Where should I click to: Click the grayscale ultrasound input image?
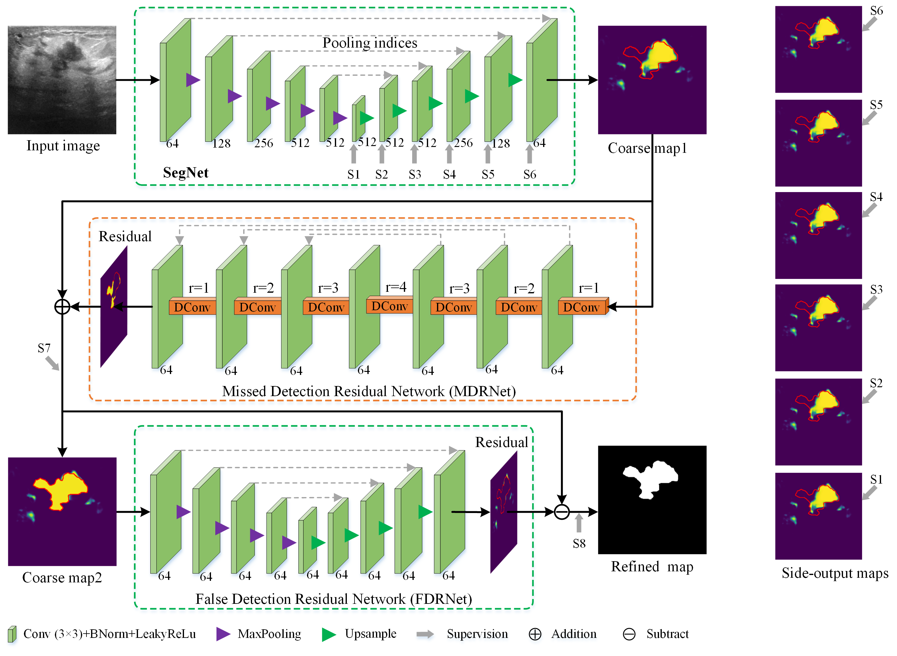pos(62,80)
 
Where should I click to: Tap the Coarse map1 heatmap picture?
pos(652,80)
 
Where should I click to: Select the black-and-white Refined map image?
pos(652,500)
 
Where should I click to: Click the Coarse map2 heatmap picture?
pos(62,511)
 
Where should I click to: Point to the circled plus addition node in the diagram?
pos(62,307)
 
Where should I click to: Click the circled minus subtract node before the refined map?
pos(562,512)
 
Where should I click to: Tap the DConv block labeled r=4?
pos(389,306)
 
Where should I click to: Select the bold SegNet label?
pos(185,173)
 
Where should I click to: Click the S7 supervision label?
pos(44,348)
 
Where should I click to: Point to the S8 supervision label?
pos(579,543)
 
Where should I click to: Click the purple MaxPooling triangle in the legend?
pos(223,634)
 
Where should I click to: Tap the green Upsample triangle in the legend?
pos(329,634)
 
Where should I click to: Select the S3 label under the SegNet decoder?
pos(415,174)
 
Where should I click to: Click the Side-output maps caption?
pos(835,573)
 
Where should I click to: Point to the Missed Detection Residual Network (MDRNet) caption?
pos(369,392)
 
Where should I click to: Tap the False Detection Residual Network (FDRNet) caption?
pos(333,599)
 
